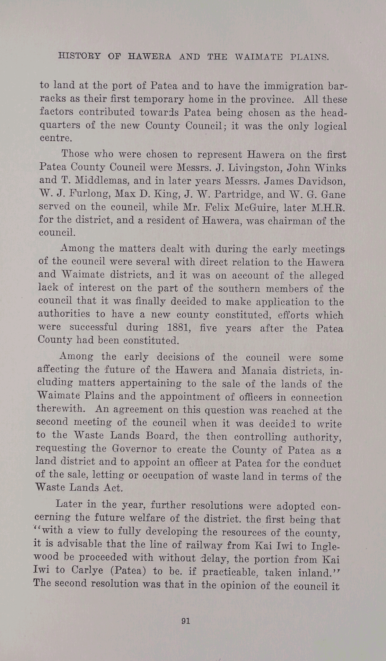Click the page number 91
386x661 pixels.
click(x=186, y=621)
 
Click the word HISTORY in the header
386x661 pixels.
click(x=80, y=56)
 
